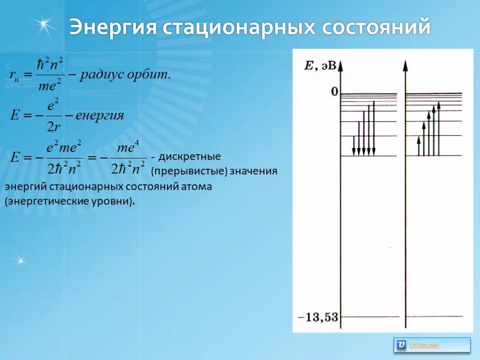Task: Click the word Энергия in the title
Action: (x=112, y=28)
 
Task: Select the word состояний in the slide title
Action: (x=376, y=28)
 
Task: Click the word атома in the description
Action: (x=196, y=187)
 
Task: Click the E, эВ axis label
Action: (x=320, y=66)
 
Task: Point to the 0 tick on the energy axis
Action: (x=334, y=91)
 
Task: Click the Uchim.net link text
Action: (x=424, y=345)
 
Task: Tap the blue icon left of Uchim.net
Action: (x=401, y=345)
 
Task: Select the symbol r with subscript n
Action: (x=15, y=75)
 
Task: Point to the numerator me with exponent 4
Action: (x=128, y=148)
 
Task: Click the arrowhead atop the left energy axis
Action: (x=340, y=65)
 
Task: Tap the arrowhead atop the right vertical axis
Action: (x=405, y=65)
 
